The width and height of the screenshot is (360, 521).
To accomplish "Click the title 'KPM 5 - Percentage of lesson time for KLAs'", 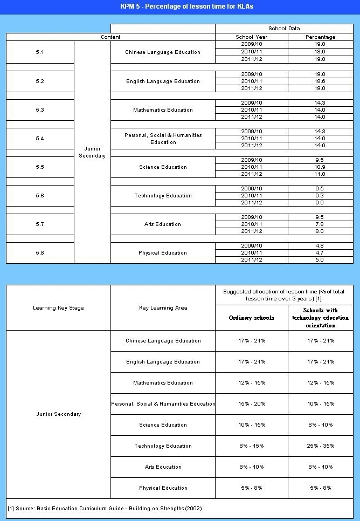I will pos(180,6).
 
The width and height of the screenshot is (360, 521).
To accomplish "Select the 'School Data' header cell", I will pos(284,28).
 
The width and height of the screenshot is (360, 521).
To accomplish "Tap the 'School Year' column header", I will pos(252,37).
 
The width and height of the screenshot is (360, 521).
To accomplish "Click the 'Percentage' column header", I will pos(320,37).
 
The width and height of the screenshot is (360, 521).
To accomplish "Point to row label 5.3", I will pos(40,110).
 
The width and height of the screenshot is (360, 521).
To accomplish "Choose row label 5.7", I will pos(40,224).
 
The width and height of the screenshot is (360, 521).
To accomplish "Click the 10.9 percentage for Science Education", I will pos(320,167).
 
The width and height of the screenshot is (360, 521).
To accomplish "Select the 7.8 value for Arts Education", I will pos(320,224).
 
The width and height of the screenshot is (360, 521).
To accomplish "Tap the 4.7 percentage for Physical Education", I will pos(320,253).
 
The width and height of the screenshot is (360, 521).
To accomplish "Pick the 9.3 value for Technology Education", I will pos(320,196).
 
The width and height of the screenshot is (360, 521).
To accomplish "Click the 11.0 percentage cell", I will pos(320,174).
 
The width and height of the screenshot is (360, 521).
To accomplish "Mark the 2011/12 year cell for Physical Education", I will pos(252,260).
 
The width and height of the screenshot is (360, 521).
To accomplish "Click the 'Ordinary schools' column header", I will pos(252,318).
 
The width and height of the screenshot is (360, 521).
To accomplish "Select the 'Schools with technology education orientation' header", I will pos(320,318).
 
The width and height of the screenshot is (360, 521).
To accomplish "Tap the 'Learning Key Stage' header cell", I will pos(58,308).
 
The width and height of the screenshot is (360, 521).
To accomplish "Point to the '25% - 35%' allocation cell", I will pos(320,446).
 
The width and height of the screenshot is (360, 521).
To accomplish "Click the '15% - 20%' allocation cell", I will pos(252,404).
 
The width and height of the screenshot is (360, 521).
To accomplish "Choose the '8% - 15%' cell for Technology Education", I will pos(252,446).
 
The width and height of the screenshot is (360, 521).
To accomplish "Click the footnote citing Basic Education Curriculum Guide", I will pos(105,508).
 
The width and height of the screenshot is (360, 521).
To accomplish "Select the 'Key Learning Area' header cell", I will pos(163,308).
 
